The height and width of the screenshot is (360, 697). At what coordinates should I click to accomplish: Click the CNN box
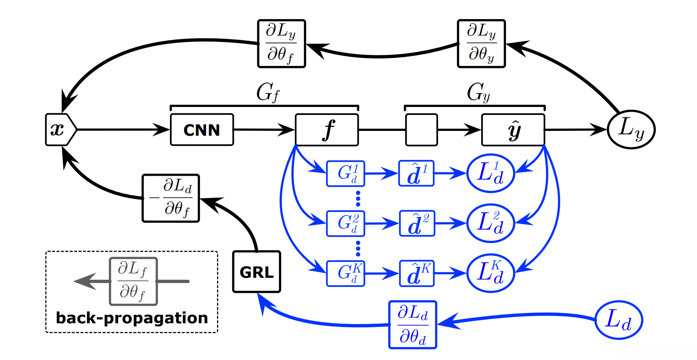(202, 130)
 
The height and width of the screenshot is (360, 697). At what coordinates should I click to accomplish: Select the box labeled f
(327, 130)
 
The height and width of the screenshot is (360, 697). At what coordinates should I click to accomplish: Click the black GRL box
(257, 272)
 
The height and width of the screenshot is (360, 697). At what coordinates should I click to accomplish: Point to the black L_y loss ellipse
(631, 130)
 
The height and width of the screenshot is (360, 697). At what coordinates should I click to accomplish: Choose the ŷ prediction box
(513, 130)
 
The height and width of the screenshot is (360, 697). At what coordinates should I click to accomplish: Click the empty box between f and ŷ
(421, 130)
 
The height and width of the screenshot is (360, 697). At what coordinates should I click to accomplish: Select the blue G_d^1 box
(346, 174)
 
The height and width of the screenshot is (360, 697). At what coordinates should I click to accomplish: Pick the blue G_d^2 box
(346, 224)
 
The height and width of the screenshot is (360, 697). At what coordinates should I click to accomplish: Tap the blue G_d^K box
(346, 273)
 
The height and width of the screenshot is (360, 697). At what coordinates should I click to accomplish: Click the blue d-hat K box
(417, 273)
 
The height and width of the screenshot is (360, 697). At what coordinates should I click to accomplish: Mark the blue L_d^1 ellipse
(491, 174)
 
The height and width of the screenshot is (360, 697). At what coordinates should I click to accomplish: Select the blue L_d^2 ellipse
(491, 224)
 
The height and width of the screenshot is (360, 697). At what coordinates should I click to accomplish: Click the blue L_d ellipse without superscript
(619, 320)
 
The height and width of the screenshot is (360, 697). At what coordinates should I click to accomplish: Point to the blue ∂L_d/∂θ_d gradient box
(413, 325)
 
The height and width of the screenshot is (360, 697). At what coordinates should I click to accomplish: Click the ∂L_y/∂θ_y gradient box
(481, 44)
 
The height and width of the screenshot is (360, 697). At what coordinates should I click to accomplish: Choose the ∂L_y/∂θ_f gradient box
(281, 44)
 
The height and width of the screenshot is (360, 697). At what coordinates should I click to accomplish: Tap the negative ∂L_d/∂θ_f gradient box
(171, 198)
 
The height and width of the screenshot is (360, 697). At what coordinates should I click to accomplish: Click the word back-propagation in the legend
(132, 318)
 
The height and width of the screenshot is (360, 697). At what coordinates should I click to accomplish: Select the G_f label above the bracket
(267, 93)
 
